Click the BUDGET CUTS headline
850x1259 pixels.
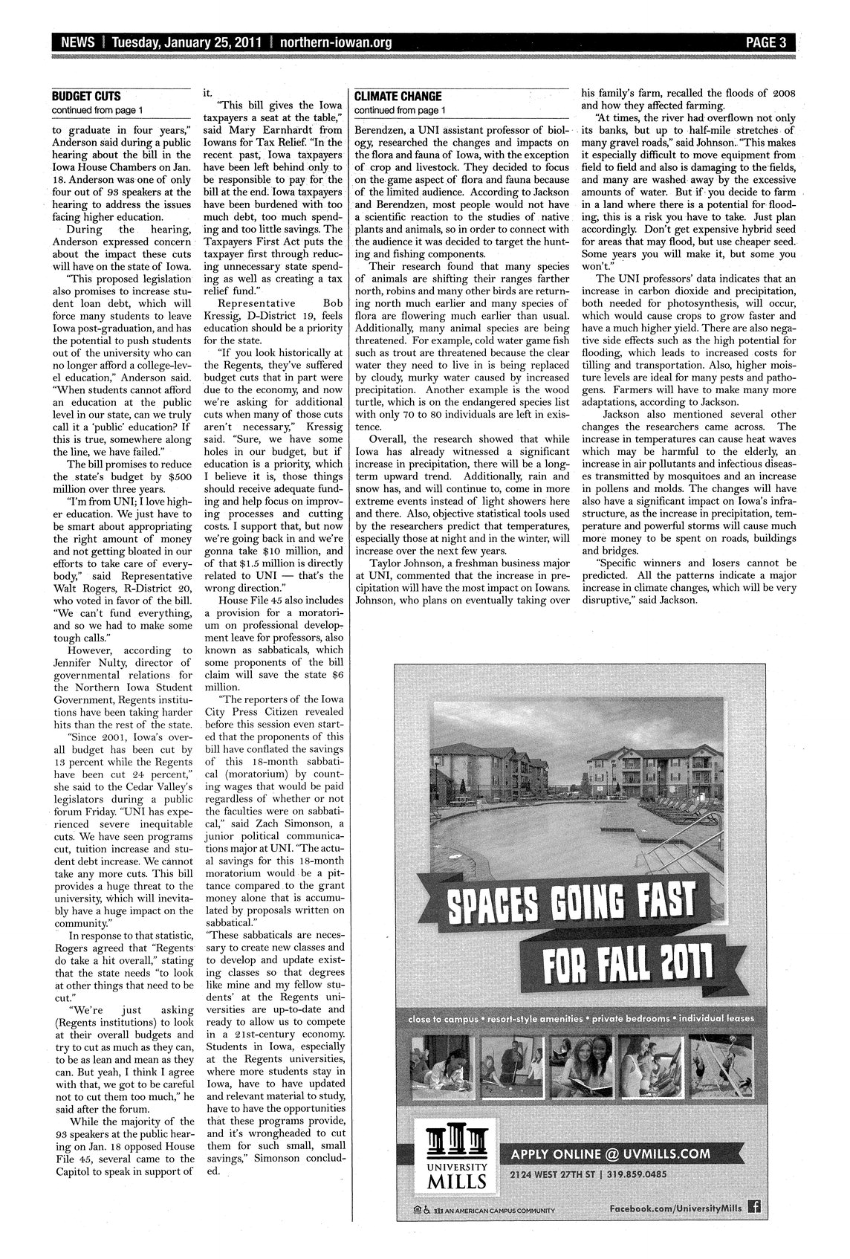point(86,97)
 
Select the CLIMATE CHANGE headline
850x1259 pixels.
point(398,97)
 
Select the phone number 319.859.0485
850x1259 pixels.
point(635,1174)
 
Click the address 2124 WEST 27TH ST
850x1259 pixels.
point(557,1174)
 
